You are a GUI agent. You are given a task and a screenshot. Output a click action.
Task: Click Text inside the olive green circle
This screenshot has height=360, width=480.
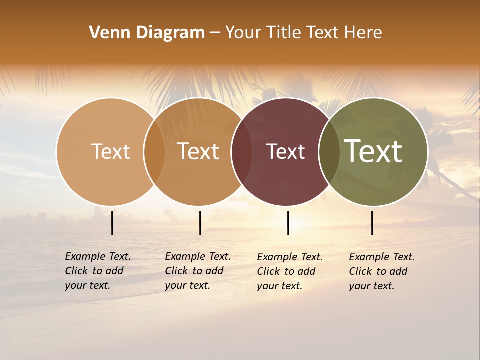(373, 151)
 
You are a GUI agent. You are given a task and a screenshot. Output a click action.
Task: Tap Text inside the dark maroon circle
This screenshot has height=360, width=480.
(285, 151)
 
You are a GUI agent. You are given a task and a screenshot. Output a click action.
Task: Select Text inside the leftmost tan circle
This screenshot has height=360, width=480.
(110, 151)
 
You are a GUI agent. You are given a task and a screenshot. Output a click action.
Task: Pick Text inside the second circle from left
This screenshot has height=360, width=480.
(198, 151)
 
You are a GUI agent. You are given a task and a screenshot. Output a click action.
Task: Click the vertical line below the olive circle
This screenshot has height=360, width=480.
(372, 223)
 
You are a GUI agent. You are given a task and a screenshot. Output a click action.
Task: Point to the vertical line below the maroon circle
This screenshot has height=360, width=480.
(288, 223)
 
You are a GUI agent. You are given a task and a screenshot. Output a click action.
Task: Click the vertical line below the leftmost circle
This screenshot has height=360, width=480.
(112, 223)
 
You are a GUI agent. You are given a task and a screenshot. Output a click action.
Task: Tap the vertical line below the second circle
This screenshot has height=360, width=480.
(200, 223)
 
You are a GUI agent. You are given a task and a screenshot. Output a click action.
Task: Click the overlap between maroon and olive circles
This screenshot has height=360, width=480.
(329, 152)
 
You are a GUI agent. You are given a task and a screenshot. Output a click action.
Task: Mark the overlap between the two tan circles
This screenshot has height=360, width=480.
(154, 152)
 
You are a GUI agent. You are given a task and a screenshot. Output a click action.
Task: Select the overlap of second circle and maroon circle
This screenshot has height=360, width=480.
(242, 152)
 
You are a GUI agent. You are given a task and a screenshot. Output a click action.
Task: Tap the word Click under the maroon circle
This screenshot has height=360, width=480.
(268, 271)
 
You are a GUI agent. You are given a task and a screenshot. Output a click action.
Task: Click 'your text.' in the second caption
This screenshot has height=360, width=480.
(187, 285)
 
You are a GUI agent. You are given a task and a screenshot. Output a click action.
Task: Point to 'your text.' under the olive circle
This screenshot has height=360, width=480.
(371, 286)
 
